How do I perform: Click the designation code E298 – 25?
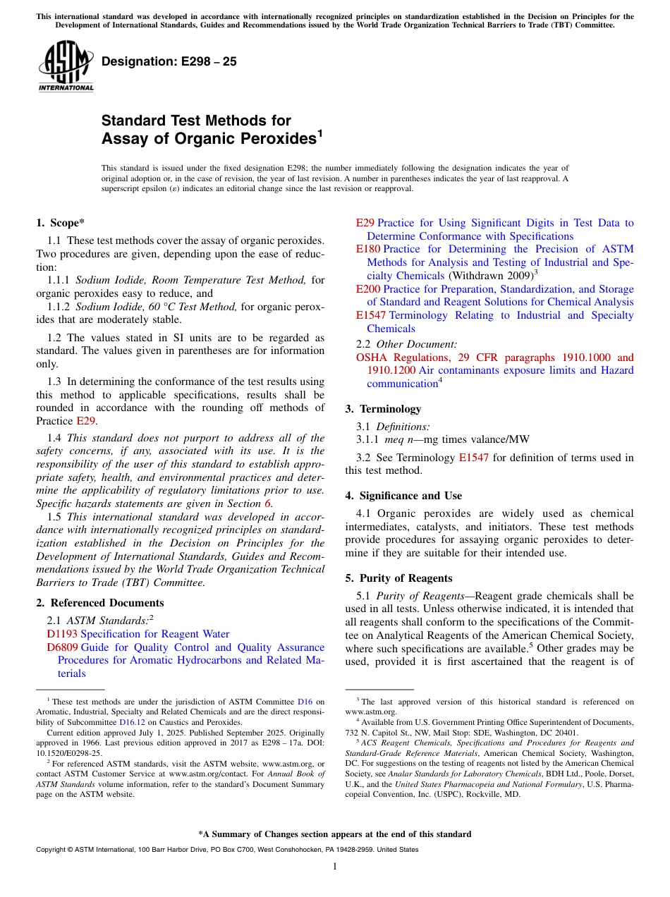(169, 62)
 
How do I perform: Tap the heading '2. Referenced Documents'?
(99, 603)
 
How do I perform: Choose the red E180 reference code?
(368, 249)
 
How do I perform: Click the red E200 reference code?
(368, 289)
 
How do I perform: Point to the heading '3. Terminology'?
(383, 409)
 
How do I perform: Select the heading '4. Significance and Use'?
(403, 496)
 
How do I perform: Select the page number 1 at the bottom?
(335, 867)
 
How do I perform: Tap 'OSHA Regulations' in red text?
(399, 358)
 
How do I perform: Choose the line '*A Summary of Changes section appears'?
(334, 834)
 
